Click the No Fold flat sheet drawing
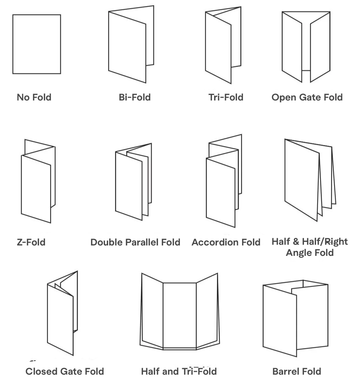(37, 44)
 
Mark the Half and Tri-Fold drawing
(179, 312)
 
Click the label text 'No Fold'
(34, 97)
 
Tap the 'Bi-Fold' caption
(134, 97)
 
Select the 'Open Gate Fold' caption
(307, 97)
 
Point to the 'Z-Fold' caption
(31, 242)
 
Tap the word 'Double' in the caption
(106, 242)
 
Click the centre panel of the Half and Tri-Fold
(179, 314)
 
